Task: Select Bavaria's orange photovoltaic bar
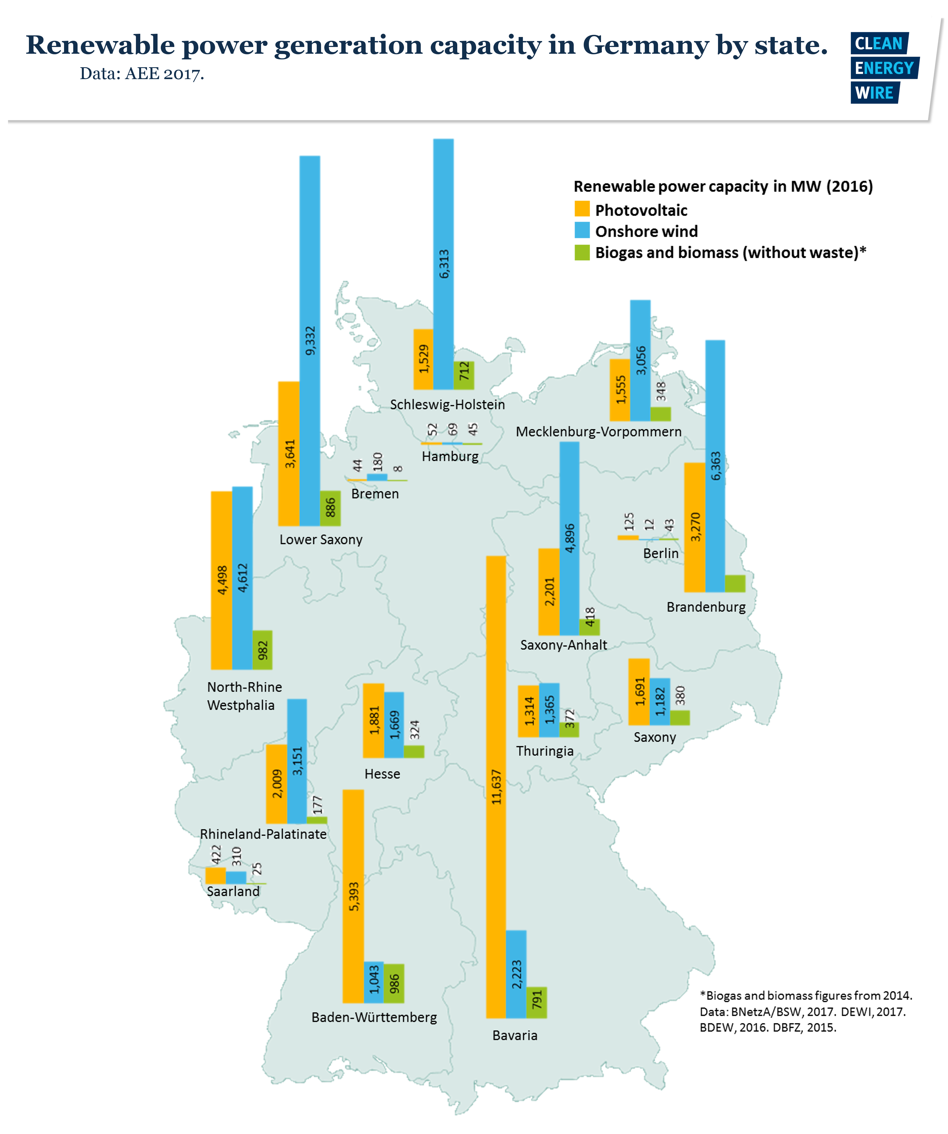496,702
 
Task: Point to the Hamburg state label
450,457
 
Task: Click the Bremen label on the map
375,494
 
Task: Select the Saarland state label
233,892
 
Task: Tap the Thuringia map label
545,751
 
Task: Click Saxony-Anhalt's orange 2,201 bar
549,592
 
